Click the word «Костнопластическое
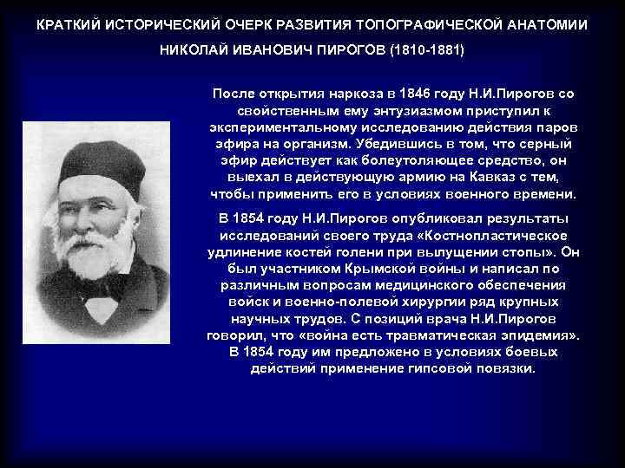pos(489,235)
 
